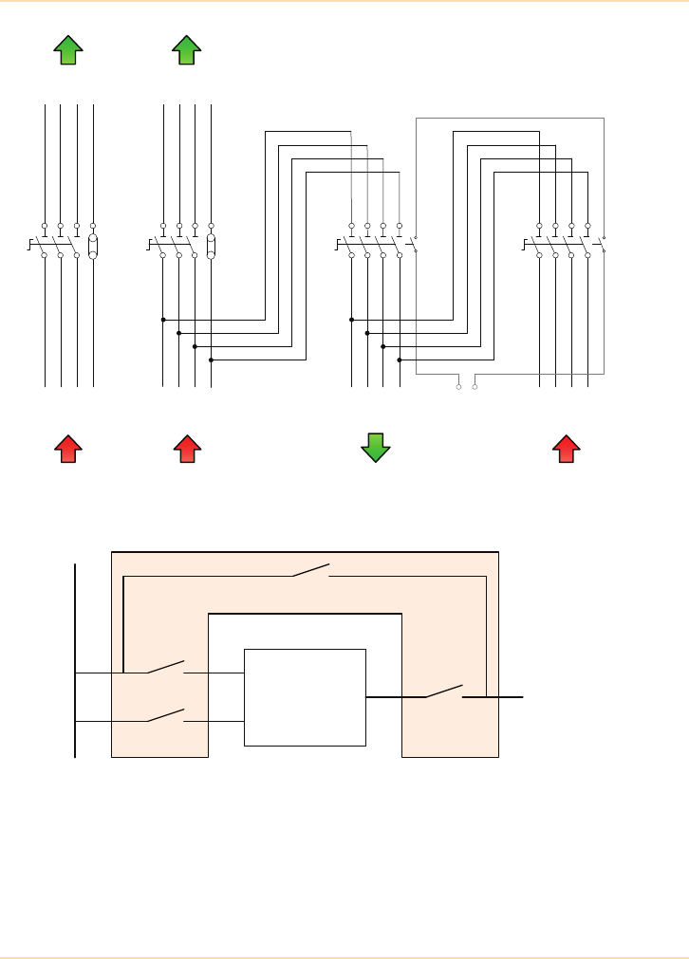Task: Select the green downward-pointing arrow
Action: [376, 447]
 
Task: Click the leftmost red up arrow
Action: [66, 448]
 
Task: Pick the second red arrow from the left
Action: [187, 448]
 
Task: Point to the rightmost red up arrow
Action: [567, 448]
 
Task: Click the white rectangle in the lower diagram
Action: [305, 697]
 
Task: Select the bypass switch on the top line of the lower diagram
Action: [310, 571]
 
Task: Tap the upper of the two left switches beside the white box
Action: [165, 668]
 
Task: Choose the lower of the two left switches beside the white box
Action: [165, 716]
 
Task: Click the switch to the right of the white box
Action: [443, 692]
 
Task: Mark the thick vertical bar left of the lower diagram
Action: [75, 660]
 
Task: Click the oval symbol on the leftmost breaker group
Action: [93, 247]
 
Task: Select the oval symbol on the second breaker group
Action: [211, 247]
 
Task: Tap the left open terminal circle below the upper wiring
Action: [459, 387]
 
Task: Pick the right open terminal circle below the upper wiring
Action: [475, 387]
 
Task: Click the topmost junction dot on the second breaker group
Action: [163, 321]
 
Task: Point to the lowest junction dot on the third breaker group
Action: [400, 360]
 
